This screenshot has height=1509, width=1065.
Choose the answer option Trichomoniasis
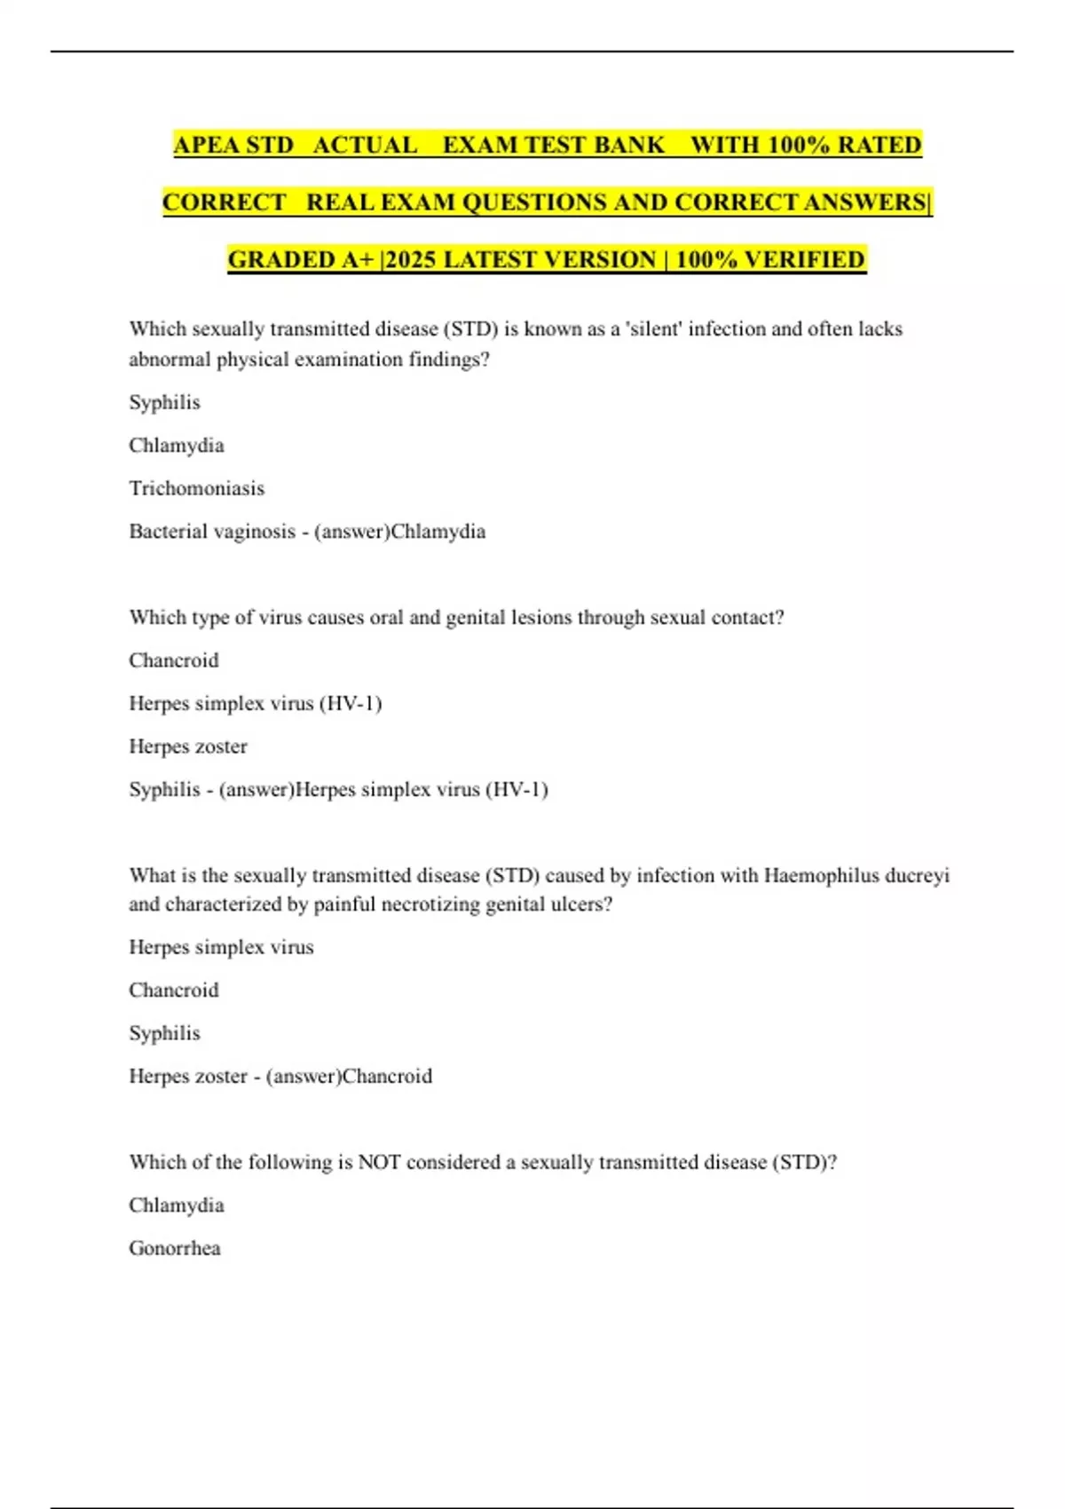pyautogui.click(x=197, y=488)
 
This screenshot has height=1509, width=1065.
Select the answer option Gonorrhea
pyautogui.click(x=175, y=1248)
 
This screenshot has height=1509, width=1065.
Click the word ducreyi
pyautogui.click(x=917, y=876)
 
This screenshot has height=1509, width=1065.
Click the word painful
pyautogui.click(x=343, y=905)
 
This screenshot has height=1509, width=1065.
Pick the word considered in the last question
pyautogui.click(x=454, y=1163)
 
